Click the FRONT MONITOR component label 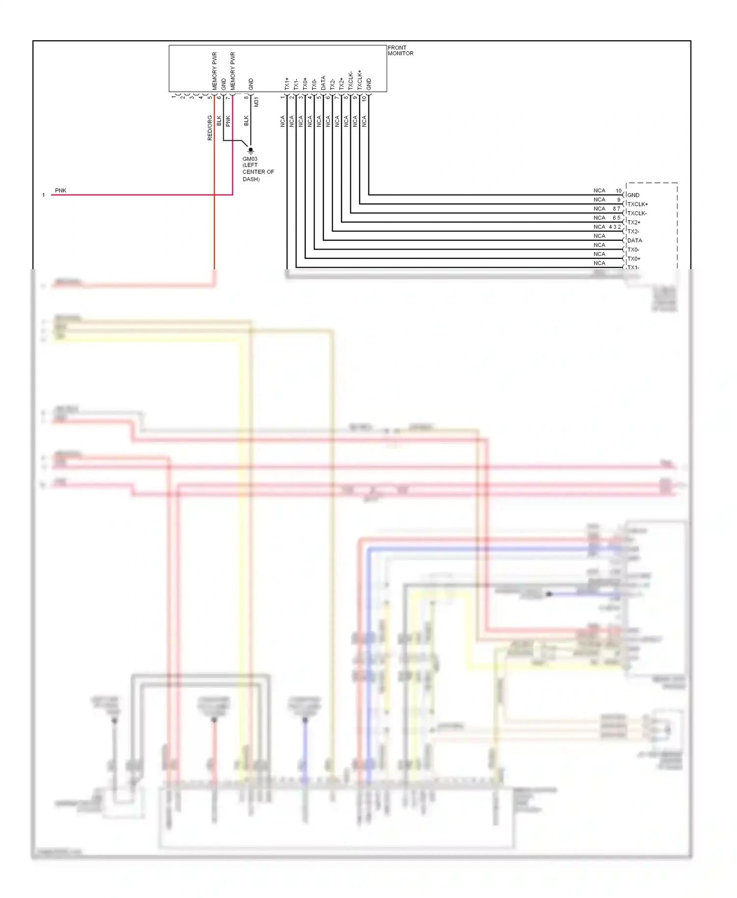[400, 51]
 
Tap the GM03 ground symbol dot [251, 150]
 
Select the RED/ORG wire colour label [210, 128]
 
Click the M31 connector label [256, 102]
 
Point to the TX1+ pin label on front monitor [287, 84]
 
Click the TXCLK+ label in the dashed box [637, 204]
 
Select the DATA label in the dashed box [634, 240]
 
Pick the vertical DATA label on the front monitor [323, 83]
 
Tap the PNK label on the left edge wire [60, 190]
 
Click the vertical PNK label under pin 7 [228, 121]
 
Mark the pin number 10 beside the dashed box [619, 191]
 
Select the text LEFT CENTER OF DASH [257, 172]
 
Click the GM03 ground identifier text [250, 159]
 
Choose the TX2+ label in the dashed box [633, 222]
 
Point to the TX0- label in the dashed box [633, 250]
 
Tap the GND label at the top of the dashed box [633, 195]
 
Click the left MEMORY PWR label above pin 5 [214, 71]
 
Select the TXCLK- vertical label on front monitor [350, 81]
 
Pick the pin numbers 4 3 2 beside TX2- [615, 227]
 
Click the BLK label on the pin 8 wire [246, 120]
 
